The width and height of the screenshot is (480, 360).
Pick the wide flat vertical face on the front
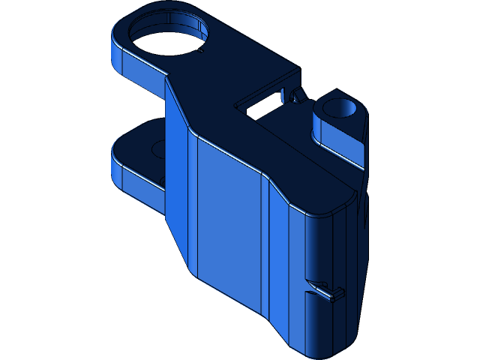[x=229, y=225]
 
